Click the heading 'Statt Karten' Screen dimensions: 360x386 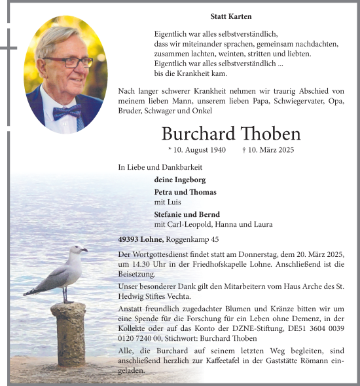[x=231, y=16]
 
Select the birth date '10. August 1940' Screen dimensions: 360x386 [x=197, y=150]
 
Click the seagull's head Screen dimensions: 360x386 [x=78, y=249]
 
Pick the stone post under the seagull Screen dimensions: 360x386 [x=69, y=334]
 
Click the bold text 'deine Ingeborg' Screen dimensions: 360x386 [x=180, y=180]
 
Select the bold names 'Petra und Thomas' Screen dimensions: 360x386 [x=185, y=192]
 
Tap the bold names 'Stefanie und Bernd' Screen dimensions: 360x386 [x=187, y=214]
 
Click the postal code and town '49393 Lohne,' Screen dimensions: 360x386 [x=141, y=240]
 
